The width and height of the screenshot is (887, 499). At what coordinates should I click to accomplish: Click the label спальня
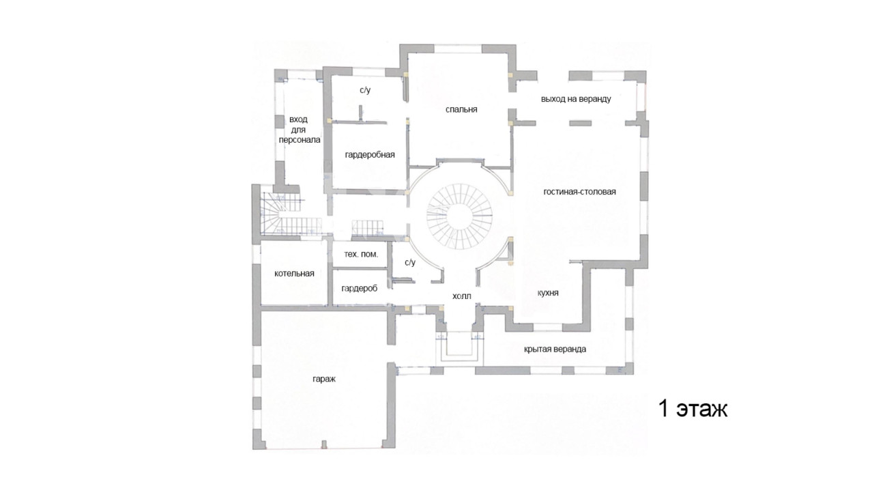click(461, 110)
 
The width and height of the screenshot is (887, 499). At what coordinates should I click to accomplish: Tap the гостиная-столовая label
click(580, 192)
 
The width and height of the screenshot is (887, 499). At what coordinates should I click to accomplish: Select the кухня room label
click(548, 293)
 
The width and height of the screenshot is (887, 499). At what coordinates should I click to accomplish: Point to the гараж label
click(324, 379)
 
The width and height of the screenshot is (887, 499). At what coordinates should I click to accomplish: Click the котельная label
click(294, 274)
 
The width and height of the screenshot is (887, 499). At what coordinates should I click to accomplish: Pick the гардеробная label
click(370, 155)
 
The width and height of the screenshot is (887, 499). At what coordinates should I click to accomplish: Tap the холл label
click(462, 296)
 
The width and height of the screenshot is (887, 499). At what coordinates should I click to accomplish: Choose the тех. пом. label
click(361, 254)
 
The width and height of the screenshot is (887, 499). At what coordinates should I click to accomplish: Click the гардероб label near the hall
click(359, 289)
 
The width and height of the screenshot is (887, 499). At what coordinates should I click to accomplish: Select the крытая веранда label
click(555, 350)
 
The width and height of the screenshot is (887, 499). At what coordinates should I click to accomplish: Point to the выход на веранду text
click(576, 99)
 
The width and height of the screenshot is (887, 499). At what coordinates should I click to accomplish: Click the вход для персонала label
click(299, 130)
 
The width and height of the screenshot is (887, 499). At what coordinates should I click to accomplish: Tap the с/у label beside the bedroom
click(365, 90)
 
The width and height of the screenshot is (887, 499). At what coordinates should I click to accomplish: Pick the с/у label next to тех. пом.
click(410, 263)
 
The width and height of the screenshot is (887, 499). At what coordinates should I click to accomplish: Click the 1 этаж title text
click(693, 409)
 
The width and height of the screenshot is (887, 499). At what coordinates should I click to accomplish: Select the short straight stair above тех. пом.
click(368, 228)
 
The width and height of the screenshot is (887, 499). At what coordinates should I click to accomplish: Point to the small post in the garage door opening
click(323, 444)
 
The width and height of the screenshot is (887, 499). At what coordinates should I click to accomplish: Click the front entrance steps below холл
click(459, 350)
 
